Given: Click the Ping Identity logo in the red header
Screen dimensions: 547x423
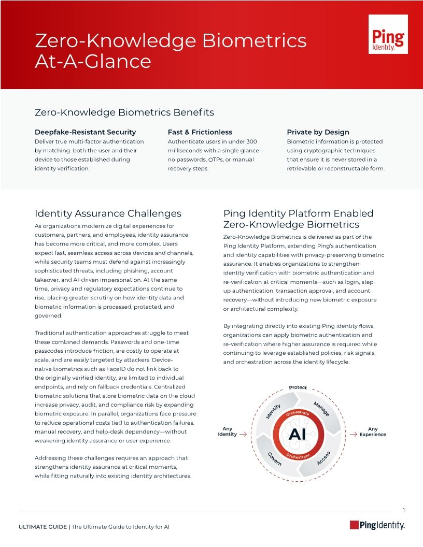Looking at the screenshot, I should point(388,34).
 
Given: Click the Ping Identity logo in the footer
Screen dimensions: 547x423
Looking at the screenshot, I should point(377,525).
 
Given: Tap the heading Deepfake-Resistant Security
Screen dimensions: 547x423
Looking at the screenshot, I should point(85,132).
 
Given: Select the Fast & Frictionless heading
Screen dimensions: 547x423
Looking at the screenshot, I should point(200,132).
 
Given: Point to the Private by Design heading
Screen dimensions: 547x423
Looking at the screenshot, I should point(318,132).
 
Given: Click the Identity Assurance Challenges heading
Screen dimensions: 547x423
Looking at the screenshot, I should point(108,213).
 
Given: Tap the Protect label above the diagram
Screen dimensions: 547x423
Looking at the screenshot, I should point(298,387).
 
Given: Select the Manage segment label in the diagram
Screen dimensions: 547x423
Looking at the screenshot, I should point(321,408).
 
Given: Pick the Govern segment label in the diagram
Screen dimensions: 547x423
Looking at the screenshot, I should point(274,458).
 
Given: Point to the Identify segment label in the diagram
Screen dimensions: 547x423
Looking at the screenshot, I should point(274,411).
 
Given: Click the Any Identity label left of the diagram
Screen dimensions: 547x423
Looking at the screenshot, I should point(227,431).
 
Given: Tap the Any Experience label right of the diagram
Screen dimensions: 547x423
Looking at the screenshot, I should point(373,431).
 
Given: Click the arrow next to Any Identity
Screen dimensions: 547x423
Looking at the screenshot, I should point(243,435).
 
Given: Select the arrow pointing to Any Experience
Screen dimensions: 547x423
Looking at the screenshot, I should point(353,435).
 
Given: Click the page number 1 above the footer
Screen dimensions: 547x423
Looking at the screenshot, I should point(403,510).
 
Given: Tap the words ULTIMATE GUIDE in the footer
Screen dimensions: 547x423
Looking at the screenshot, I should point(43,527).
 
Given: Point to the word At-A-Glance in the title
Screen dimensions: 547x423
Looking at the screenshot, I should point(93,62).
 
